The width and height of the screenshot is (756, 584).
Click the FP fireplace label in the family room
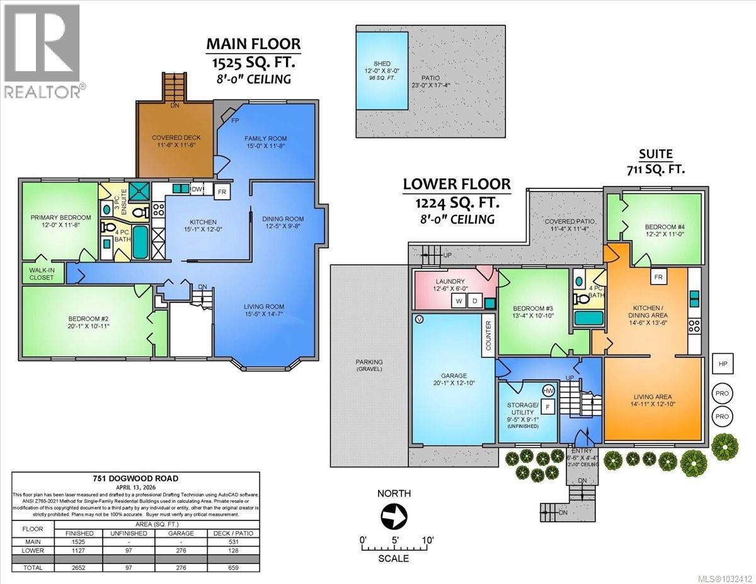(x=235, y=120)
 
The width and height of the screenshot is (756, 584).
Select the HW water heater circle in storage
(x=548, y=391)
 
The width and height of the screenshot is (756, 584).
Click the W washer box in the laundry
(x=459, y=302)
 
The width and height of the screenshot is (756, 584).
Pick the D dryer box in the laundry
(x=474, y=302)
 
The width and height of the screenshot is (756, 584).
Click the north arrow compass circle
(x=393, y=518)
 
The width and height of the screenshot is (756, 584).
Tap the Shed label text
(x=382, y=64)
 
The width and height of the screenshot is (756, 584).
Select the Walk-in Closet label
(x=42, y=273)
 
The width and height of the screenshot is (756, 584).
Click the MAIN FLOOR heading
(x=254, y=44)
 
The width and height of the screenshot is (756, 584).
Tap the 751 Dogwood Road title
(x=135, y=477)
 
